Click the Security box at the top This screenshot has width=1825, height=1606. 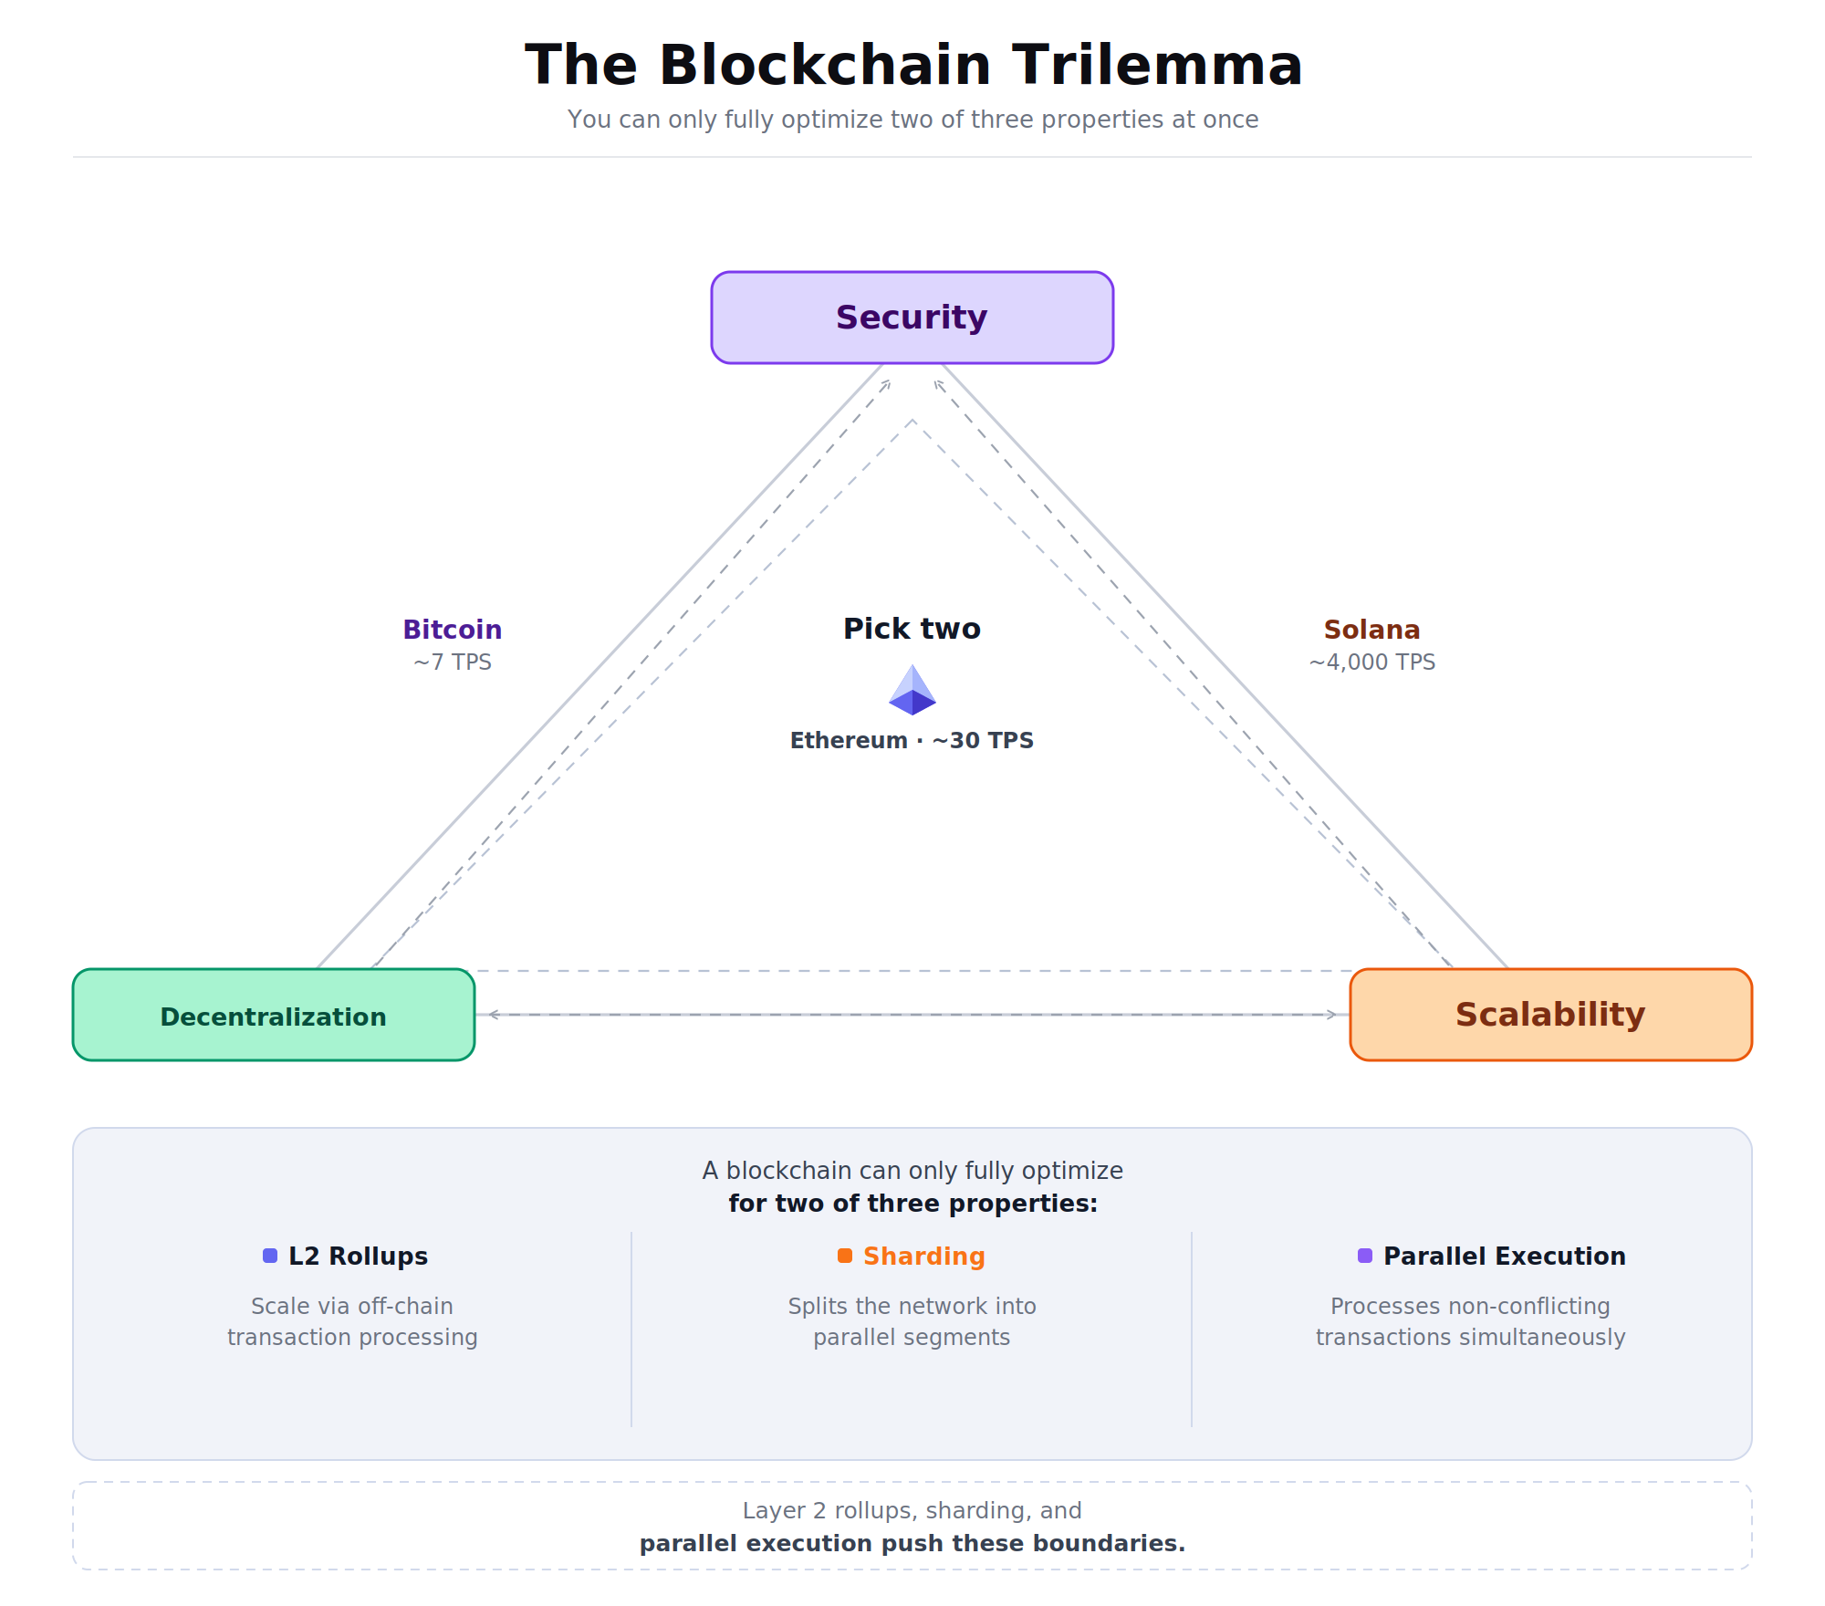tap(912, 318)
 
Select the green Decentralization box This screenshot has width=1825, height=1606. tap(273, 1015)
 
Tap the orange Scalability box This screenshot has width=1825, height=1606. tap(1550, 1015)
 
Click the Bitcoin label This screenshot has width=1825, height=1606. tap(453, 630)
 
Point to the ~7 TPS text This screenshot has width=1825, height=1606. tap(453, 662)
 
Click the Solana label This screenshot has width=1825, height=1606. tap(1371, 630)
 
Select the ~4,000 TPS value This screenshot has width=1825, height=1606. tap(1371, 662)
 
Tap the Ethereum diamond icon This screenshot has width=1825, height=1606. tap(912, 691)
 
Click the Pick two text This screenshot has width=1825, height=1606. tap(912, 629)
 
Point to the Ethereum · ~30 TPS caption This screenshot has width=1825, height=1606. tap(912, 740)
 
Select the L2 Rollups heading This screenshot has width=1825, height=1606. tap(358, 1257)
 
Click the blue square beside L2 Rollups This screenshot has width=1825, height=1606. tap(270, 1256)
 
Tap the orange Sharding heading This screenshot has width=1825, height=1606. tap(923, 1257)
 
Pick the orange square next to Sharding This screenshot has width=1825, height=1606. tap(845, 1256)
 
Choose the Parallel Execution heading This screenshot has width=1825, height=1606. tap(1504, 1257)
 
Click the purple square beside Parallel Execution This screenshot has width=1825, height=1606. tap(1365, 1256)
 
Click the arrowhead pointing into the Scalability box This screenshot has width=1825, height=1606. tap(1333, 1015)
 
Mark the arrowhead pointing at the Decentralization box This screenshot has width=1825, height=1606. tap(493, 1015)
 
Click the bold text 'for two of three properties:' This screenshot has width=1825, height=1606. tap(912, 1204)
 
